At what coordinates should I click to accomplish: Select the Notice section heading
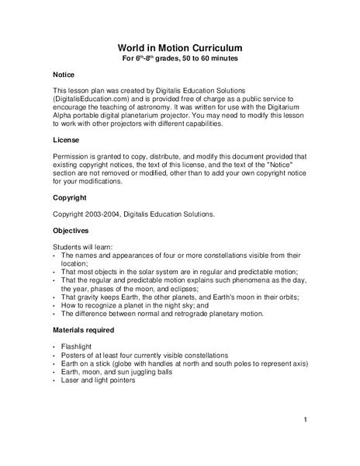[x=64, y=75]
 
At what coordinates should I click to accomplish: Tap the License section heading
[x=66, y=140]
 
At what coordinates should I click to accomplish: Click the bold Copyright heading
[x=70, y=197]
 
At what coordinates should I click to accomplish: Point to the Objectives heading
[x=71, y=231]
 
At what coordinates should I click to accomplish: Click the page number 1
[x=306, y=420]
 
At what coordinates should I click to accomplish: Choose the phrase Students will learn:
[x=83, y=246]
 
